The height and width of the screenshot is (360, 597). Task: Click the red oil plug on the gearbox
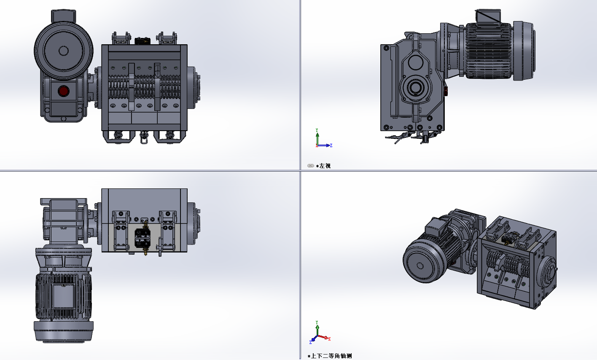point(63,91)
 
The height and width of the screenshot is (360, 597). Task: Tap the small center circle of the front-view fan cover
point(63,51)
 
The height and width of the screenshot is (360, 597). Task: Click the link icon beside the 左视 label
point(310,166)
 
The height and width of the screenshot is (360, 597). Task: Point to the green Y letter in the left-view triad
point(317,130)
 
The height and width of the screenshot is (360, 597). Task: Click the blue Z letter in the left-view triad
point(331,145)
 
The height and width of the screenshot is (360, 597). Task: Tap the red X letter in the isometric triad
point(329,339)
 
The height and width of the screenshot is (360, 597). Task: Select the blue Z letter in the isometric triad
point(310,342)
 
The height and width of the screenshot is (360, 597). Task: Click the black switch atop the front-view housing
point(143,41)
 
